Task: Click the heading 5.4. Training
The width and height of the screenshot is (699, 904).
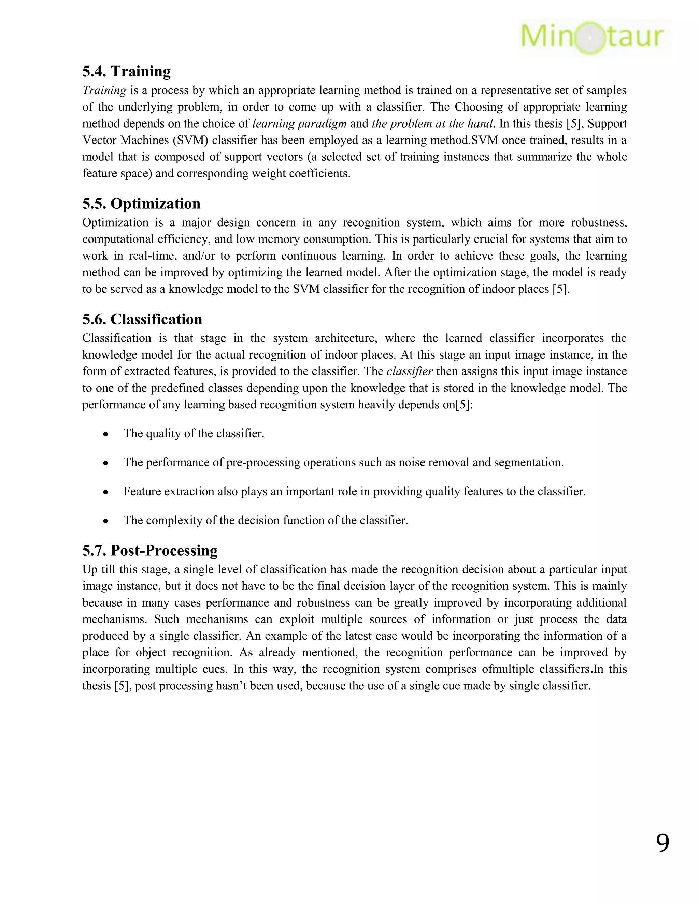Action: pyautogui.click(x=126, y=72)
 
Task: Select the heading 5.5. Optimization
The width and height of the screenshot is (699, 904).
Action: pyautogui.click(x=141, y=204)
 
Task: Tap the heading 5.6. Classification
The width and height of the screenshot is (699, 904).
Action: pyautogui.click(x=142, y=319)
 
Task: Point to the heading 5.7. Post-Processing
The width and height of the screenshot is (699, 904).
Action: pyautogui.click(x=150, y=551)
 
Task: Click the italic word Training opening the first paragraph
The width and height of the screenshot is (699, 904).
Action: pyautogui.click(x=104, y=90)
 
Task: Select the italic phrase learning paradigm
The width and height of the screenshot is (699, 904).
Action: pyautogui.click(x=299, y=123)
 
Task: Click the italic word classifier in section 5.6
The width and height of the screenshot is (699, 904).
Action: pyautogui.click(x=410, y=371)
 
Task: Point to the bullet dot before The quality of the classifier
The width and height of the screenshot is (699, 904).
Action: pyautogui.click(x=106, y=434)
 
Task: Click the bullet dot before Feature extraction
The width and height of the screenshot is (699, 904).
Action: pyautogui.click(x=106, y=492)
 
